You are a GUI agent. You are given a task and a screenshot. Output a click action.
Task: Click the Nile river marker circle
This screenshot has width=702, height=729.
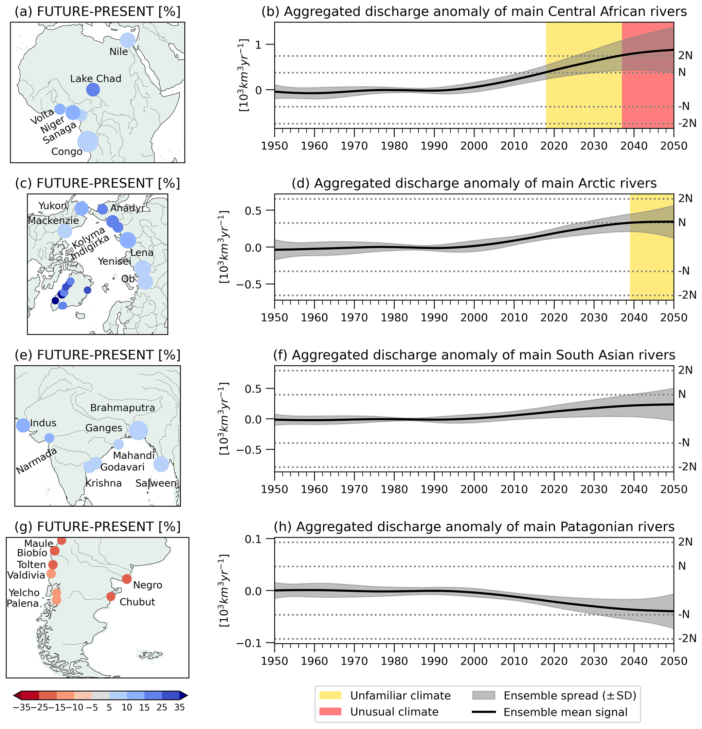tap(127, 40)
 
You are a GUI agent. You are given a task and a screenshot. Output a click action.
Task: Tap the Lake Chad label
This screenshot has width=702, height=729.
tap(96, 79)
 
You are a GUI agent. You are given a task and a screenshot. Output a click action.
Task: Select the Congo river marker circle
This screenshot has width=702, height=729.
tap(88, 141)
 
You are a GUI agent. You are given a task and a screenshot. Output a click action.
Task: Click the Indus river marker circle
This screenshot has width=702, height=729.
tap(23, 425)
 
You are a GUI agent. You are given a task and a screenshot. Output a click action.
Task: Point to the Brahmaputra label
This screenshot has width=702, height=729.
tap(122, 408)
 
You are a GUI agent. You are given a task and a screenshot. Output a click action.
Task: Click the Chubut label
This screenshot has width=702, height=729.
tap(137, 602)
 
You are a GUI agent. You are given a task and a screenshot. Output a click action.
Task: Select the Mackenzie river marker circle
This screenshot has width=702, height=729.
tap(65, 231)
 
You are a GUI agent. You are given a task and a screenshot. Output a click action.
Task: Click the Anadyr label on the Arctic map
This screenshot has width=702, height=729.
tap(127, 208)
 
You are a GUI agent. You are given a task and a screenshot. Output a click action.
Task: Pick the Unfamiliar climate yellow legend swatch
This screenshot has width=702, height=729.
tap(330, 695)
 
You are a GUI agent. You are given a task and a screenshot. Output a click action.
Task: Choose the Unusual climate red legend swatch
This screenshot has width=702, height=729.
tap(330, 712)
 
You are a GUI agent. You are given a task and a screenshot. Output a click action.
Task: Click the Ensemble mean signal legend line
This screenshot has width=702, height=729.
tap(484, 712)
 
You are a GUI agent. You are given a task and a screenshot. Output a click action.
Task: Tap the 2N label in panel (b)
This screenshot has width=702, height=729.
tap(685, 56)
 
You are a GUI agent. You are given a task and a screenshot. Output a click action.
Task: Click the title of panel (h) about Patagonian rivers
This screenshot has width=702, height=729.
tap(474, 527)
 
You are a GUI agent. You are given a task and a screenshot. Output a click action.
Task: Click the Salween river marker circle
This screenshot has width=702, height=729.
tap(161, 464)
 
